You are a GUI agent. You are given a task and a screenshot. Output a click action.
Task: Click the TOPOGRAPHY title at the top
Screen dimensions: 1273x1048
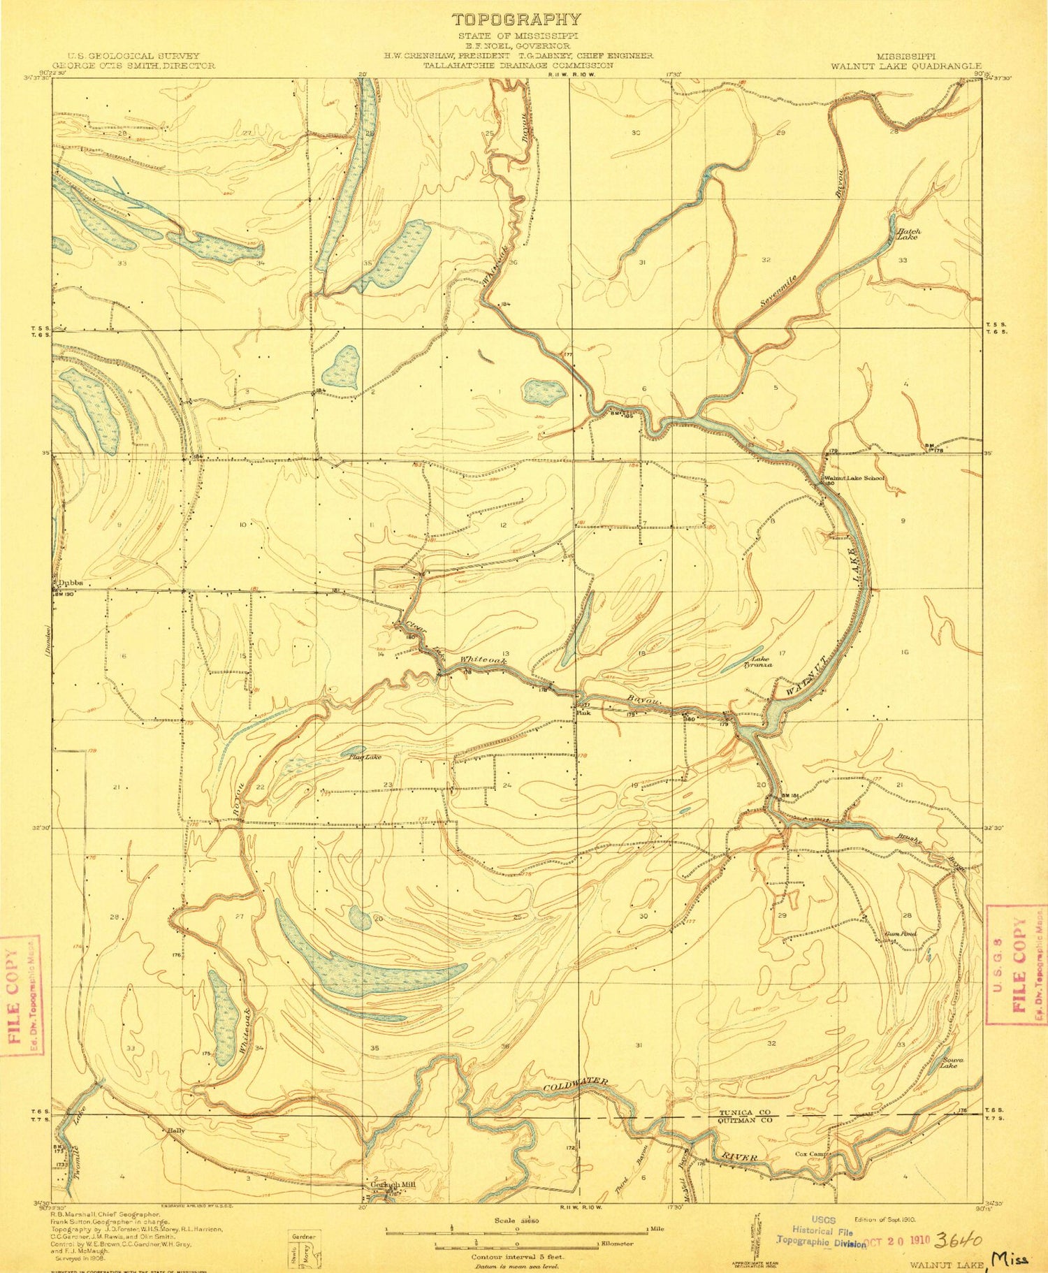point(516,20)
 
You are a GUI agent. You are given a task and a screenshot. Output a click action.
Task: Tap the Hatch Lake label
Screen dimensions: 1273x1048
point(909,234)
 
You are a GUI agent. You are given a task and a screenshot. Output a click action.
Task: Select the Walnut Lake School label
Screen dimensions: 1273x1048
point(854,478)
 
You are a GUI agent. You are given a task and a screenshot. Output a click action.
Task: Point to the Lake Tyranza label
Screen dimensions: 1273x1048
point(761,662)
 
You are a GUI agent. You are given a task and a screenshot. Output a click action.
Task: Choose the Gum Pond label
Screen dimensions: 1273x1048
point(900,933)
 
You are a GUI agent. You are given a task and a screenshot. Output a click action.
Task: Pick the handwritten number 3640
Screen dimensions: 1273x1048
point(959,1240)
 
